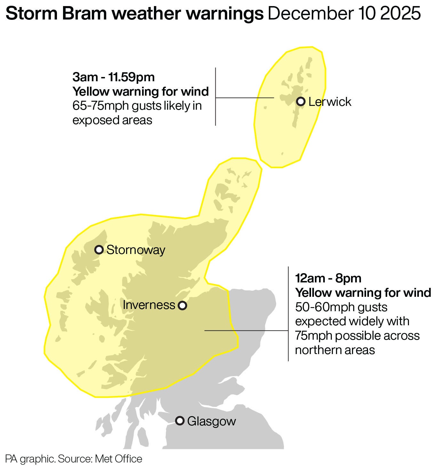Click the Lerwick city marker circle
tap(300, 102)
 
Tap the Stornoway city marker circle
tap(99, 249)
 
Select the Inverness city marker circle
tap(182, 305)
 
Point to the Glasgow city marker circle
tap(180, 421)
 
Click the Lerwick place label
tap(330, 102)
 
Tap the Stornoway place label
tap(136, 250)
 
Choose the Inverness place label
tap(149, 305)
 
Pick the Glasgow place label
tap(211, 421)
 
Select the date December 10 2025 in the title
tap(344, 13)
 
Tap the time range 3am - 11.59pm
tap(114, 77)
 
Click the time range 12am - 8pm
tap(328, 278)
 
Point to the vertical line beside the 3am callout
tap(215, 96)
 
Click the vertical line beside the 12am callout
tap(288, 313)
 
